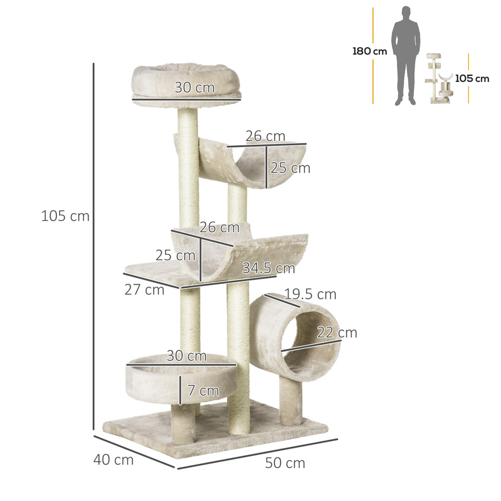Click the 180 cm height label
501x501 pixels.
pyautogui.click(x=369, y=51)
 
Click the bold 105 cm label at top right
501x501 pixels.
pyautogui.click(x=472, y=78)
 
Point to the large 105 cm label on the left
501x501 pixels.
pyautogui.click(x=65, y=216)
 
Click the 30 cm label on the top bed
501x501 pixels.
pyautogui.click(x=195, y=87)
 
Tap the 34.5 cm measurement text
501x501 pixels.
pyautogui.click(x=269, y=268)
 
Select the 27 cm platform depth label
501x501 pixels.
pyautogui.click(x=144, y=290)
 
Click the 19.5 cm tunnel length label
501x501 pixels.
pyautogui.click(x=310, y=294)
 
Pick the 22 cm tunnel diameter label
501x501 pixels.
pyautogui.click(x=337, y=333)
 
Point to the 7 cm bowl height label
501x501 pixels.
pyautogui.click(x=203, y=391)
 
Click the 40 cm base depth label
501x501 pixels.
pyautogui.click(x=114, y=460)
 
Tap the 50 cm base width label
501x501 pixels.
pyautogui.click(x=285, y=463)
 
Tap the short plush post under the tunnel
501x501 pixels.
pyautogui.click(x=290, y=401)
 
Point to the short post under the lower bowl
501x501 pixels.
pyautogui.click(x=183, y=423)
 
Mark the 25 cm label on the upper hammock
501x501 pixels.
pyautogui.click(x=290, y=168)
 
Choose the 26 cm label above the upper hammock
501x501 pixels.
pyautogui.click(x=265, y=136)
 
